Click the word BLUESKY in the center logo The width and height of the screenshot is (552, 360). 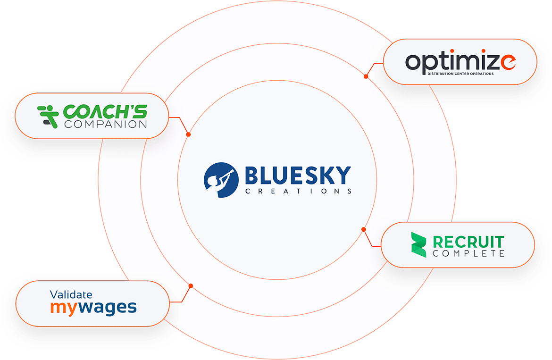pos(298,176)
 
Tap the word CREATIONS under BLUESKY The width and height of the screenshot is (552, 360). pos(298,192)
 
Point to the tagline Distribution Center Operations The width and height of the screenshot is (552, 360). pos(460,74)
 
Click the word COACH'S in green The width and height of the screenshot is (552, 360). pos(105,112)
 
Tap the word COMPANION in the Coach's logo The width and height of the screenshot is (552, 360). pos(105,125)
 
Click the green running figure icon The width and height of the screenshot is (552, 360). pos(48,116)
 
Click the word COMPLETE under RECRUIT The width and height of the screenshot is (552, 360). pos(468,254)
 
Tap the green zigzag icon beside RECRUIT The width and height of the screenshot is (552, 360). pos(418,245)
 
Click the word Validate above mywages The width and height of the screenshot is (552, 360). pos(71,295)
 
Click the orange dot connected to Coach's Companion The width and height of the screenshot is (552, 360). pos(188,135)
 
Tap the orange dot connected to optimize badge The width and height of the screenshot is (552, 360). pos(366,76)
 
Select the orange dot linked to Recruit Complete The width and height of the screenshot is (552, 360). pos(363,230)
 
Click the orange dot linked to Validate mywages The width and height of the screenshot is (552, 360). pos(191,286)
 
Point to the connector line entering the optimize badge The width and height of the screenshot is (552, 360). pos(378,62)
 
